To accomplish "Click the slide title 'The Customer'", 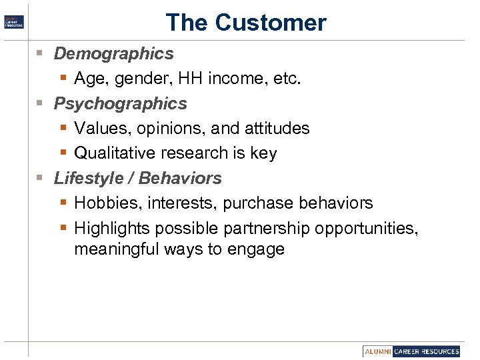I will click(x=246, y=23).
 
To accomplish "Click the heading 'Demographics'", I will click(x=113, y=53).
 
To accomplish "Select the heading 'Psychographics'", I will click(x=120, y=103).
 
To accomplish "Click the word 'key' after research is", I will click(x=263, y=153).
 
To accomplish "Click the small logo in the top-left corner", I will click(x=14, y=21).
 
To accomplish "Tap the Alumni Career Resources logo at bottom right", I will click(x=412, y=351).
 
